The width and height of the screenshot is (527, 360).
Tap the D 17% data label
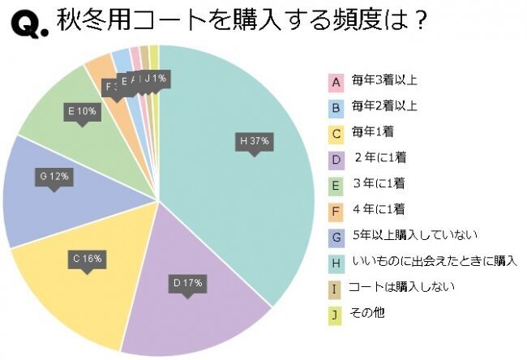(x=186, y=283)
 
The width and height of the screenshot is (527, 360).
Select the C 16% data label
(x=85, y=259)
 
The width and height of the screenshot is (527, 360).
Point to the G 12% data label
(x=54, y=175)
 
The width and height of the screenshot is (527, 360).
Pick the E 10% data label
(x=82, y=111)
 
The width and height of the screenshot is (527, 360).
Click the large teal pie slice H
(x=243, y=186)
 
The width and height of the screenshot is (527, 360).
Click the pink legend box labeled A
(x=334, y=82)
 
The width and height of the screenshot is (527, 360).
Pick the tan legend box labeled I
(x=334, y=288)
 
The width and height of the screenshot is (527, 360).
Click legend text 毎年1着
(x=372, y=131)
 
